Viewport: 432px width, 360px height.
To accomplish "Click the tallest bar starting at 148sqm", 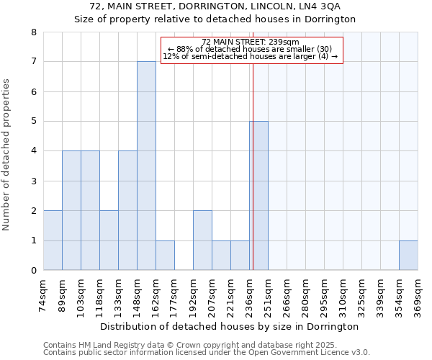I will pyautogui.click(x=146, y=166).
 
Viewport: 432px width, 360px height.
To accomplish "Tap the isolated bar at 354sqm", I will pyautogui.click(x=408, y=256).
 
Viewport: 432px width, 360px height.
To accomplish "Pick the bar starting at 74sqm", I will pyautogui.click(x=53, y=240).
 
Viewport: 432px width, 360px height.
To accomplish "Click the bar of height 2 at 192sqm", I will pyautogui.click(x=202, y=240).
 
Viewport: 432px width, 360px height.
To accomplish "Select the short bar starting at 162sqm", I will pyautogui.click(x=165, y=256).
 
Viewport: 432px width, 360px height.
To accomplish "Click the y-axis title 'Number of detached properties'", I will pyautogui.click(x=7, y=156).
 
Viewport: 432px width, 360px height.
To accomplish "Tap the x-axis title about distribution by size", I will pyautogui.click(x=230, y=326).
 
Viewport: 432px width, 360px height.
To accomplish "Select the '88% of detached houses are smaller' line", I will pyautogui.click(x=250, y=49).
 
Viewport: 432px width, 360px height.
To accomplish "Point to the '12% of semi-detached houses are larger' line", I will pyautogui.click(x=250, y=56).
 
